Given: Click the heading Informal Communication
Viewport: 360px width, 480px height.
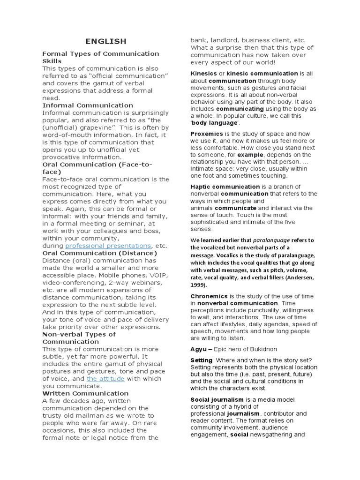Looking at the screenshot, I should (88, 105).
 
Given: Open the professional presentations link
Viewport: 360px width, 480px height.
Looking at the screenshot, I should (108, 246).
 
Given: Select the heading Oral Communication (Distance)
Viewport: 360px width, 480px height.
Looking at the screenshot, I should (99, 253).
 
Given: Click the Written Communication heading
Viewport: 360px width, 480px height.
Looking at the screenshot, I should (85, 393).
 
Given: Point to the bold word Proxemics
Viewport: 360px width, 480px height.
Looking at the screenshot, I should (207, 134).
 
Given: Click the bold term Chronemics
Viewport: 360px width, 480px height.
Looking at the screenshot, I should (209, 296).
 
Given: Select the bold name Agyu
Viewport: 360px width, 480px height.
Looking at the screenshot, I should (198, 349).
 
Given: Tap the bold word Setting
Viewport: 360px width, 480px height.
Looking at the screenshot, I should (201, 360).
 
